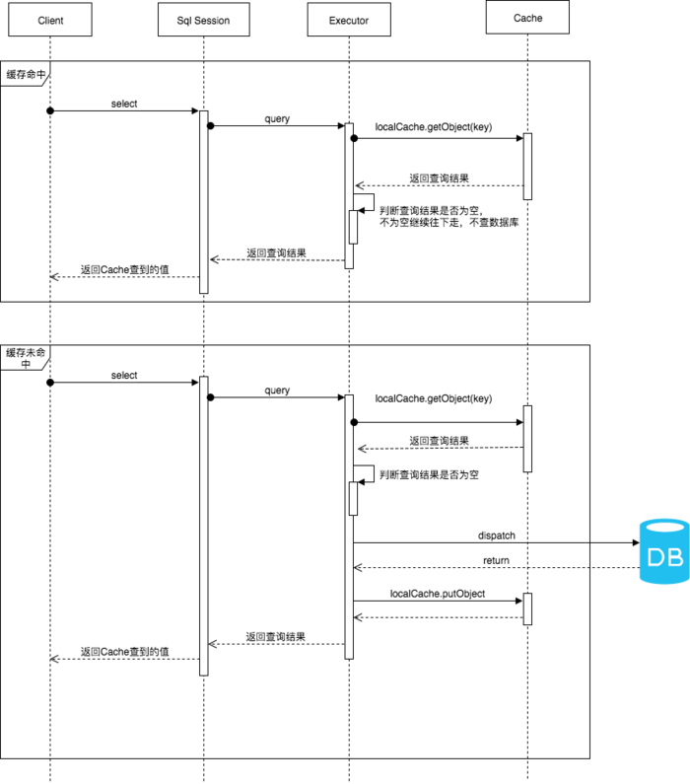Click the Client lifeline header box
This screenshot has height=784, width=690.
coord(50,20)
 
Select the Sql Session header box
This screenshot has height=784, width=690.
coord(204,20)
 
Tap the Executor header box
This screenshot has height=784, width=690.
coord(349,20)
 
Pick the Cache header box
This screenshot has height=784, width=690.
coord(527,18)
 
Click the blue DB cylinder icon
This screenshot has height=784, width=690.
coord(664,551)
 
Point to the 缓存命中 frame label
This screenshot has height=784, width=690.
coord(26,75)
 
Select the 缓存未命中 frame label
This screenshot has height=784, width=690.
coord(26,358)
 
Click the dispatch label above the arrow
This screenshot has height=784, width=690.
coord(496,535)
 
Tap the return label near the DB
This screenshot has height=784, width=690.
coord(496,560)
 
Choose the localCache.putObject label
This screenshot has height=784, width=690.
coord(438,594)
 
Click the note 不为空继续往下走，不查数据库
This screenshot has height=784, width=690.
coord(448,223)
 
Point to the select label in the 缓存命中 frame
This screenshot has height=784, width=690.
coord(124,104)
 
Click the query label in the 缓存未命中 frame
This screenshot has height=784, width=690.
coord(277,390)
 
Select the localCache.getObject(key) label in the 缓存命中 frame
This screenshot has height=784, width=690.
coord(434,127)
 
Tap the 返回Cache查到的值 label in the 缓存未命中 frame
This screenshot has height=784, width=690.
coord(125,652)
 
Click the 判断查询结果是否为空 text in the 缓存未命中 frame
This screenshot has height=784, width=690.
coord(429,474)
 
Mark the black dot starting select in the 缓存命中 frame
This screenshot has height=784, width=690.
coord(50,110)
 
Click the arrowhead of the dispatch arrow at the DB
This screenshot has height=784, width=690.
coord(636,542)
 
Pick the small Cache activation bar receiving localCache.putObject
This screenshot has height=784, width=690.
coord(527,609)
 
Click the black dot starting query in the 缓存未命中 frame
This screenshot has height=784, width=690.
coord(210,397)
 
